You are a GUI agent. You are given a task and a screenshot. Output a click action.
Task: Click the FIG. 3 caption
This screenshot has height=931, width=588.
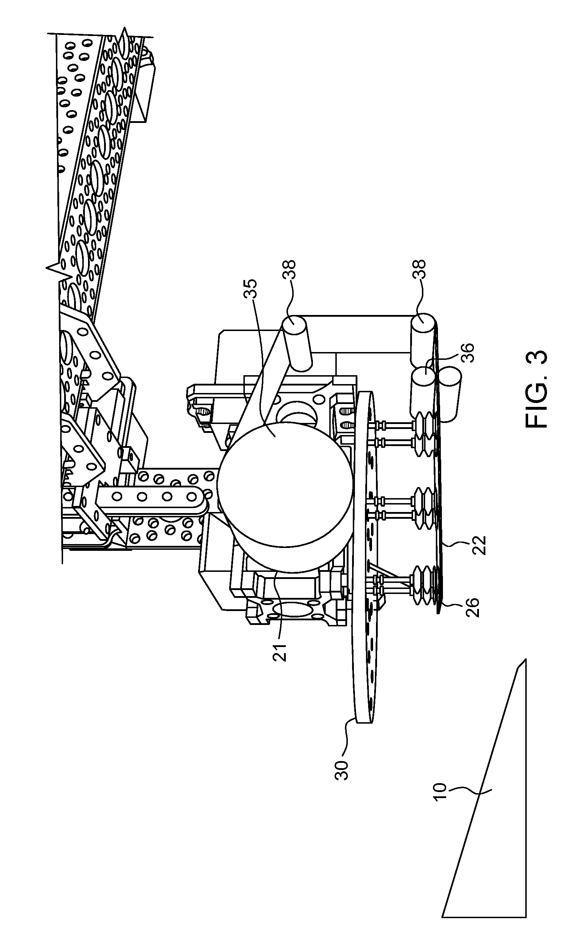coord(537,389)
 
